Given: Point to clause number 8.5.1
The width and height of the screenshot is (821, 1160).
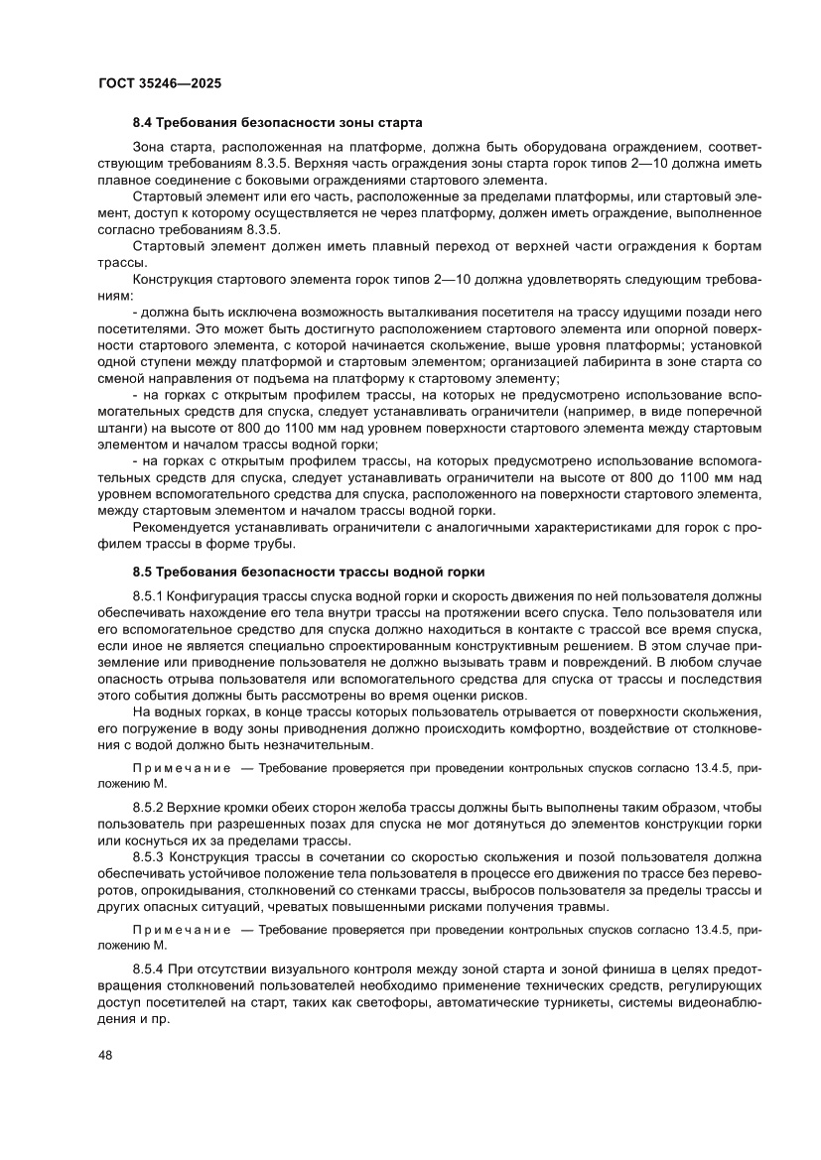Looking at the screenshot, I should click(x=148, y=596).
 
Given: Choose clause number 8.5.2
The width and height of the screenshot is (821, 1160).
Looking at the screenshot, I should click(x=148, y=809).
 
